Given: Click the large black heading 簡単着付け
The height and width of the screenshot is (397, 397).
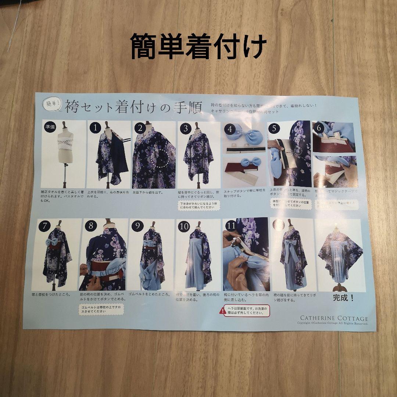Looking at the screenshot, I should [198, 47].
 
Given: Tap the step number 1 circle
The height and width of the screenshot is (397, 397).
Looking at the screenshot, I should [95, 128].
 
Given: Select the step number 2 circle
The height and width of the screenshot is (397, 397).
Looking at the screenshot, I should [140, 128].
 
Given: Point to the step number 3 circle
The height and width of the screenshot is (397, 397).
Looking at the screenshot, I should [186, 128].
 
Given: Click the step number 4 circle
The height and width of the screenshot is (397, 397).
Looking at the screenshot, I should [230, 129].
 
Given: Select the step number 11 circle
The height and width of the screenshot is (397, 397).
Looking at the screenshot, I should [231, 225].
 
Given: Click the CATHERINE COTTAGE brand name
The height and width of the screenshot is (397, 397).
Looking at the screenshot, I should [333, 318].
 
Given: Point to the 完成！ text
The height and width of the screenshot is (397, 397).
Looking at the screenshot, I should [343, 298].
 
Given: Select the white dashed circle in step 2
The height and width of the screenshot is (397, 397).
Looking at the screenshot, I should [160, 158].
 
